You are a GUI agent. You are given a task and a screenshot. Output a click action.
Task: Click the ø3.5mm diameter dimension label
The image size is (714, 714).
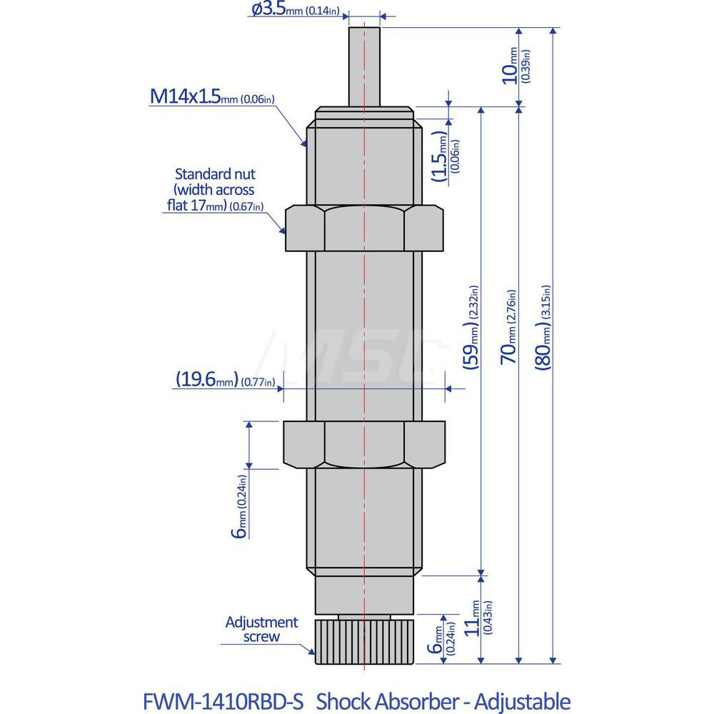coord(299,9)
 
